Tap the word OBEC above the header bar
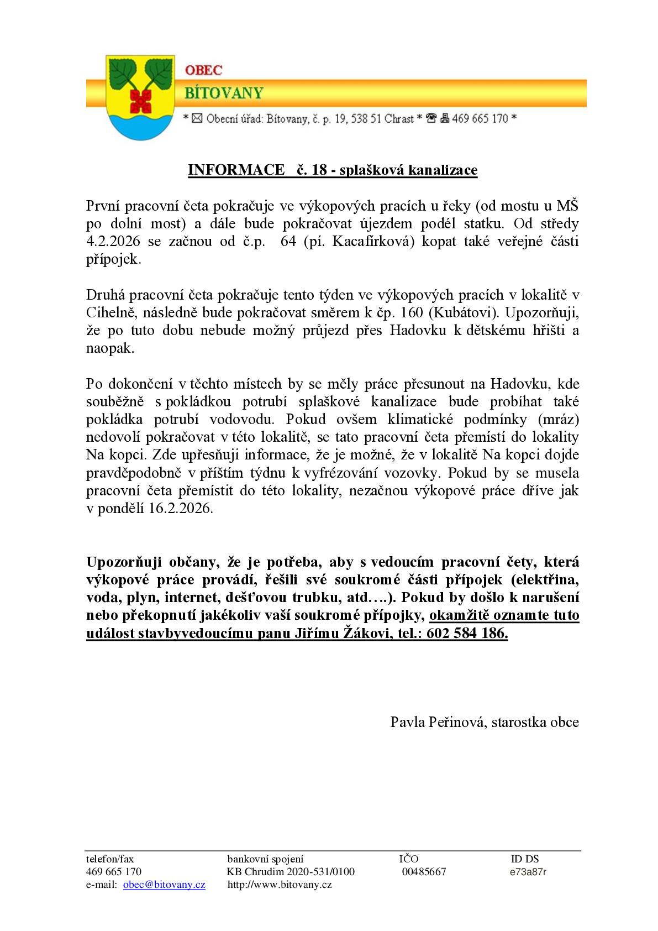203,70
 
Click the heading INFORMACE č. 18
332,170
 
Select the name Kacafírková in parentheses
372,242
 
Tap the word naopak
110,349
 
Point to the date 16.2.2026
180,509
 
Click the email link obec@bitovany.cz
164,885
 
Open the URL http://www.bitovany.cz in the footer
280,885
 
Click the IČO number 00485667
424,872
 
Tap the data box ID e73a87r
528,872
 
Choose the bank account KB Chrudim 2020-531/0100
291,872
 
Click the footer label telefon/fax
110,859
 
